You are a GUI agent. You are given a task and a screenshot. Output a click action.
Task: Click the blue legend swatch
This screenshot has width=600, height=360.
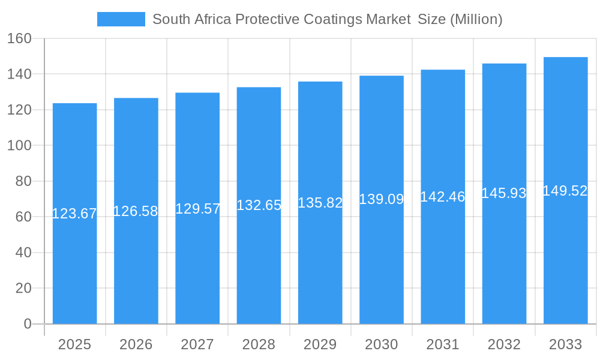point(121,19)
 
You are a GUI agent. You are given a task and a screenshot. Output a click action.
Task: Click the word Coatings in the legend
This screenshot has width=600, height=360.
point(335,19)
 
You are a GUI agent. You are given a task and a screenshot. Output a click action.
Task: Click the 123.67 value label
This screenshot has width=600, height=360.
point(74,214)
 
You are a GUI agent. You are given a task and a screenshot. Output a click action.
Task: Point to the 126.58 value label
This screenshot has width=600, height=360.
point(136,211)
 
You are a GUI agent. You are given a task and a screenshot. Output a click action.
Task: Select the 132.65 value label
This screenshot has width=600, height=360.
point(259,205)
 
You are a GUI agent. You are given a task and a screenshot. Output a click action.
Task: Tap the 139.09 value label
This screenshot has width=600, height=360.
point(381,199)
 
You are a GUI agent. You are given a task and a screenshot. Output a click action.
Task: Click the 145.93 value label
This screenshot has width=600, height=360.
point(504,193)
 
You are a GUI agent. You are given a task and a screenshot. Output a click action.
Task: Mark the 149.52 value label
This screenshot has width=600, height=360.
point(565,191)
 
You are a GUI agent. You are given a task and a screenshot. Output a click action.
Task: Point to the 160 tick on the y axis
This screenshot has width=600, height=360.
point(19,38)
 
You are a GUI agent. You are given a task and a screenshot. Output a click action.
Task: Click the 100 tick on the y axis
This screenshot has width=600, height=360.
point(19,145)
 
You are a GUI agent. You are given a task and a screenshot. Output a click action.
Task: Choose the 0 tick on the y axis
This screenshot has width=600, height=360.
point(27,324)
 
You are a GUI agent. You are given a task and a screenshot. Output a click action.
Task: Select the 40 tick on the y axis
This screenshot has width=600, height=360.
point(23,253)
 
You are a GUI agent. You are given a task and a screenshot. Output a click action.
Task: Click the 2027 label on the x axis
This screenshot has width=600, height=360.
point(197,344)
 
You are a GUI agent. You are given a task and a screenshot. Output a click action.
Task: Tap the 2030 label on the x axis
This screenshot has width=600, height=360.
point(381,344)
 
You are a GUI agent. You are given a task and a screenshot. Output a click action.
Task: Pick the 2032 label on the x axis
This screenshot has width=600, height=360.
point(504,344)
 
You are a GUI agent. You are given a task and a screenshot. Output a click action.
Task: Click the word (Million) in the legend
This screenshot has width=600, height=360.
point(476,19)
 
